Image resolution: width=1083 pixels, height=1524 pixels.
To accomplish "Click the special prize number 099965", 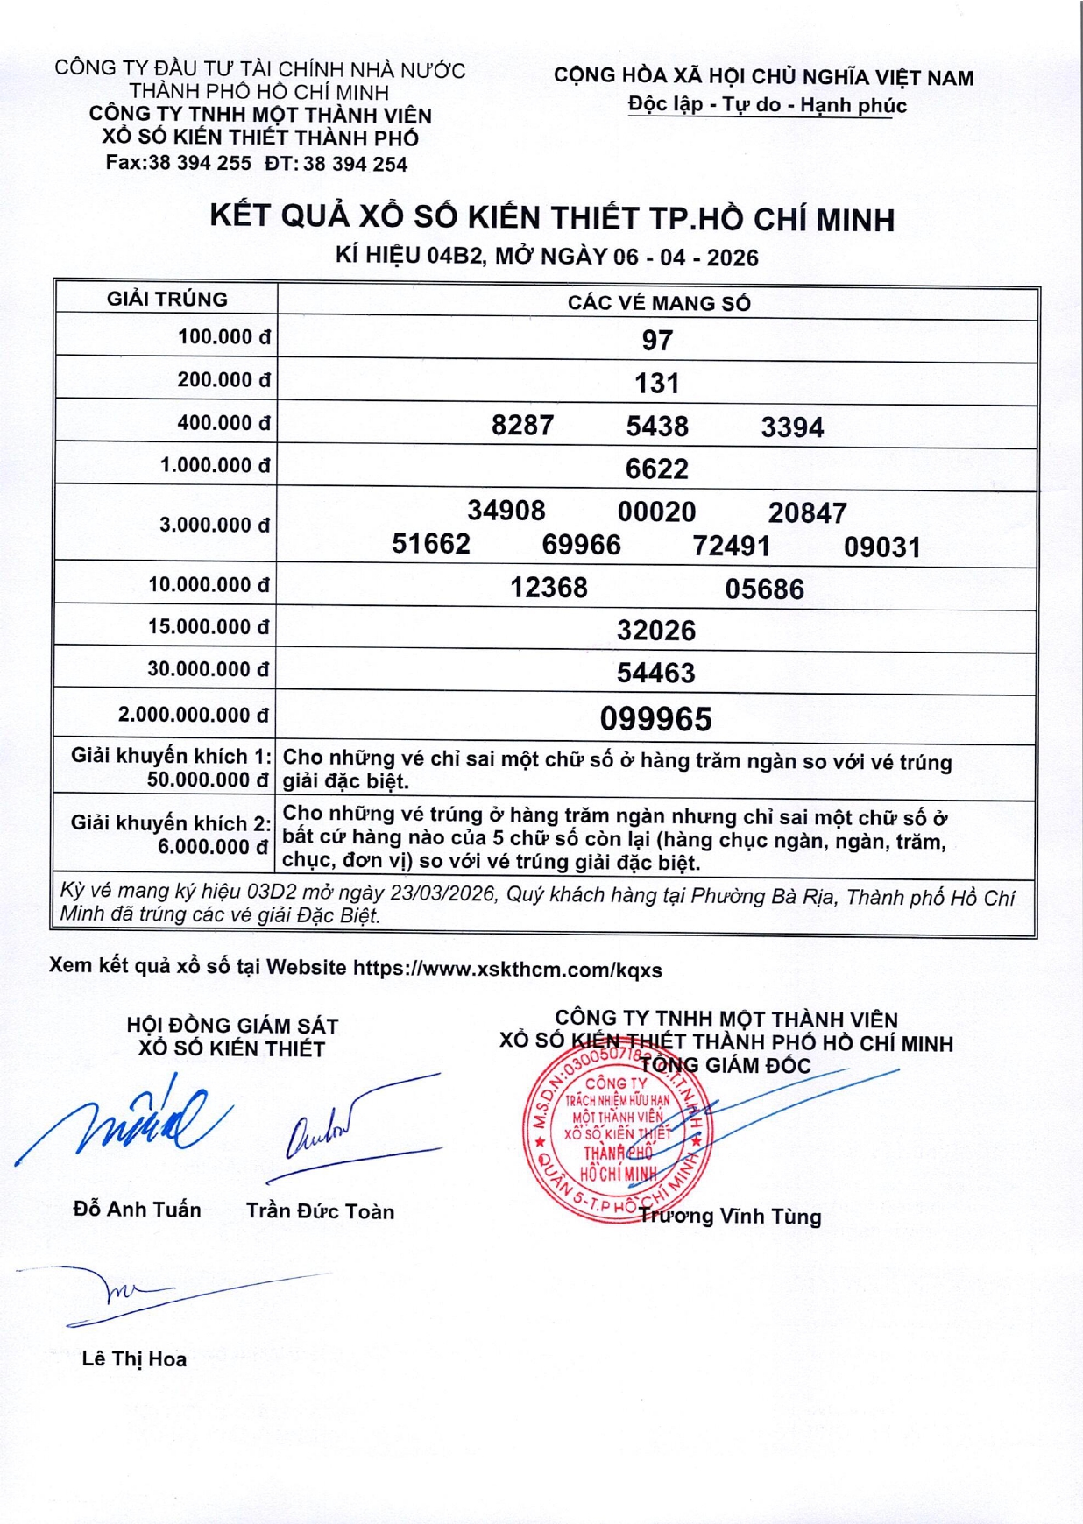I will point(655,719).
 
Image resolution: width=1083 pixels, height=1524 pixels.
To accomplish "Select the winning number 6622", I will point(656,469).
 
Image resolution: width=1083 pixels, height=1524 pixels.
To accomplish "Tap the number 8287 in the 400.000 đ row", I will point(522,426).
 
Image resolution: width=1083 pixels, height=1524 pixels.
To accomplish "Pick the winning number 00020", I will point(656,512).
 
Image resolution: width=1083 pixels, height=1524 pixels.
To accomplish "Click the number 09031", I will point(881,547).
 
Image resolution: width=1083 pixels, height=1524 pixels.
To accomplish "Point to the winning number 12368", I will point(549,587).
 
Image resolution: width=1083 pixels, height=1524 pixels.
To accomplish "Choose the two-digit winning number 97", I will point(657,340).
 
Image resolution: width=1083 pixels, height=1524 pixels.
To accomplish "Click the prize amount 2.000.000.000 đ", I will point(194,715).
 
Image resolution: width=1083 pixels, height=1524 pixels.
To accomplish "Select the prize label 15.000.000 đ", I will point(209,627).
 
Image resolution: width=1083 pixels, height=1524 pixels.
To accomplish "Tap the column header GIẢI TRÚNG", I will point(167,300).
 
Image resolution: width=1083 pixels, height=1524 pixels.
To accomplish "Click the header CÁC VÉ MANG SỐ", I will point(659,303).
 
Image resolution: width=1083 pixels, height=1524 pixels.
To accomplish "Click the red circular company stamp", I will point(619,1134).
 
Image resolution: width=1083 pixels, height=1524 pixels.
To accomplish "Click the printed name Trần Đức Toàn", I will point(320,1211).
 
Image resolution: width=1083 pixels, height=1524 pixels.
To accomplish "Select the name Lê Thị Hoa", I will point(134,1358).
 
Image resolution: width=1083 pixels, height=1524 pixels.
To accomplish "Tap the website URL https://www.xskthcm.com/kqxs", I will point(507,970).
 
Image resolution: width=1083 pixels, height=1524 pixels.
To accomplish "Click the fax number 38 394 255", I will point(200,163).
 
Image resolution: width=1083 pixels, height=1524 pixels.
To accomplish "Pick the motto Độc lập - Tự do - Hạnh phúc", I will point(767,105).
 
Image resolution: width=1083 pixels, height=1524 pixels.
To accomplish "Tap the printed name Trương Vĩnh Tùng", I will point(731,1216).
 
